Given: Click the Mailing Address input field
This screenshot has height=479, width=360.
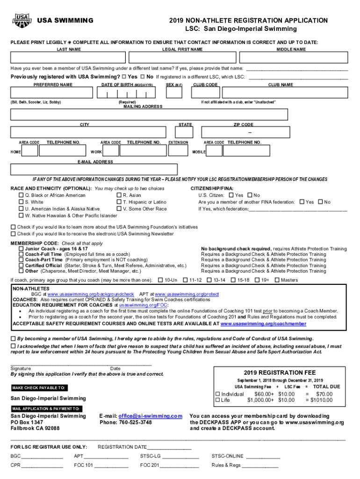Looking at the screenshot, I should (x=149, y=115).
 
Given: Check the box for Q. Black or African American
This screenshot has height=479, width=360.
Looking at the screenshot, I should (x=21, y=195).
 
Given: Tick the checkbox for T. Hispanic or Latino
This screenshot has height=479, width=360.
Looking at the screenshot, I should (x=119, y=202).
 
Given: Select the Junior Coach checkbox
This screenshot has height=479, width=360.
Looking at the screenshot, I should (x=21, y=249).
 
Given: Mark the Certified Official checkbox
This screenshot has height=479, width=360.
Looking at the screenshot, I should (x=21, y=265).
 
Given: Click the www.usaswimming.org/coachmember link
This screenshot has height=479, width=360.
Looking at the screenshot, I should (x=263, y=323).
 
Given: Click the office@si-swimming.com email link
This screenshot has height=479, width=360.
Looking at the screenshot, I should (x=150, y=416).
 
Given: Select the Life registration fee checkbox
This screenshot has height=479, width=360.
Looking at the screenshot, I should (x=217, y=400).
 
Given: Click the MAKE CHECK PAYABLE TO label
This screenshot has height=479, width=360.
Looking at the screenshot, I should (x=39, y=388).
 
